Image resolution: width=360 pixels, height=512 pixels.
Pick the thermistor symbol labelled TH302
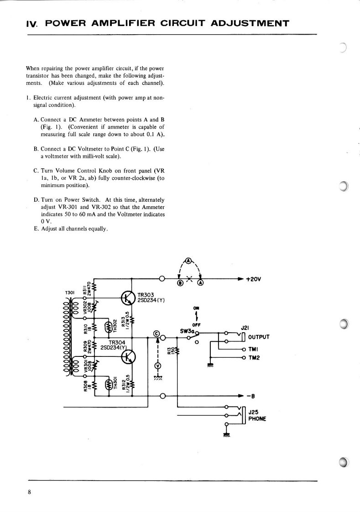(109, 327)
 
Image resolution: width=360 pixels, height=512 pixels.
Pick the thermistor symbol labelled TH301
(109, 385)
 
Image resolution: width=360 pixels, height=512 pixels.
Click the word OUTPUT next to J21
(259, 337)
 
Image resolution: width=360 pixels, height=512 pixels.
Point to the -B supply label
(250, 396)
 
